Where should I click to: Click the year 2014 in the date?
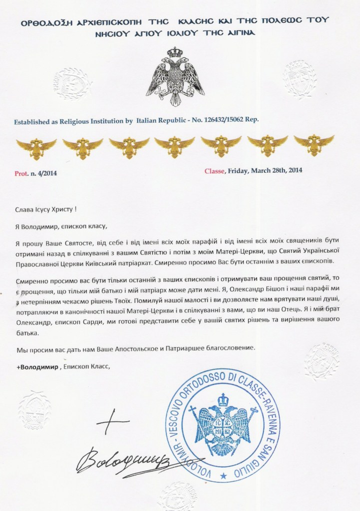(293, 170)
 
